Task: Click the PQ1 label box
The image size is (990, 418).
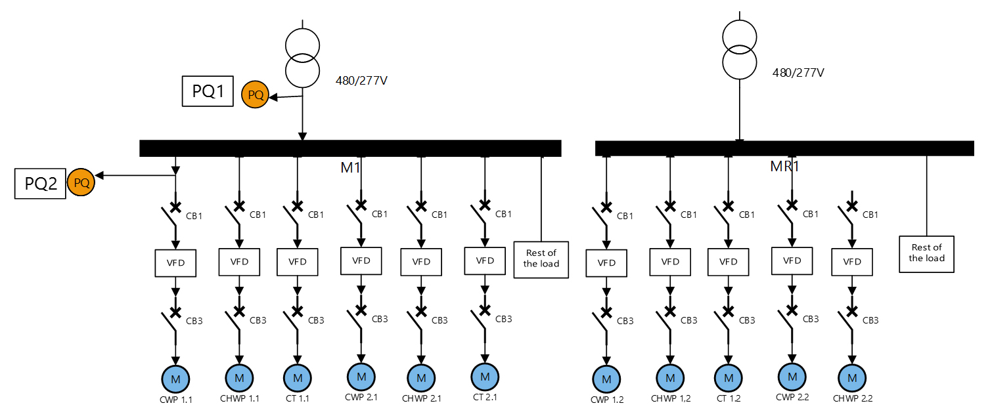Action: click(x=208, y=91)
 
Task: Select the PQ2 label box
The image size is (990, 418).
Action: click(x=41, y=183)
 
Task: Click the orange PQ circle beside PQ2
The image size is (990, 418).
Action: click(x=81, y=182)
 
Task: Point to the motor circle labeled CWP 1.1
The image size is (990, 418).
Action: click(x=175, y=379)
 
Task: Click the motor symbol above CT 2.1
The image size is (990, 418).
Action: click(x=485, y=376)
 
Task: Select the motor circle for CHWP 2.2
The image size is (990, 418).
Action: click(x=852, y=378)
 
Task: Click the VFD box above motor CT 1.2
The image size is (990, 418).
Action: click(x=728, y=262)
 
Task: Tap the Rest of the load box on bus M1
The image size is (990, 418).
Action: click(x=541, y=259)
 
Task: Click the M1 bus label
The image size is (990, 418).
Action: click(x=351, y=168)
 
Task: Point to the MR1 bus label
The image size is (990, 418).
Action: click(x=784, y=167)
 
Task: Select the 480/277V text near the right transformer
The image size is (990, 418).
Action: click(x=798, y=72)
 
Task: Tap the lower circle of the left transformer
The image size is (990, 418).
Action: click(x=302, y=70)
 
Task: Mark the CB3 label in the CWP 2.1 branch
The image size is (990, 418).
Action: click(x=380, y=320)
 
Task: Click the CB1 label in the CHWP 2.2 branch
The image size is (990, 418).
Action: click(x=870, y=215)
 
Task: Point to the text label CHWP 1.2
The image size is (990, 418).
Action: click(x=671, y=398)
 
